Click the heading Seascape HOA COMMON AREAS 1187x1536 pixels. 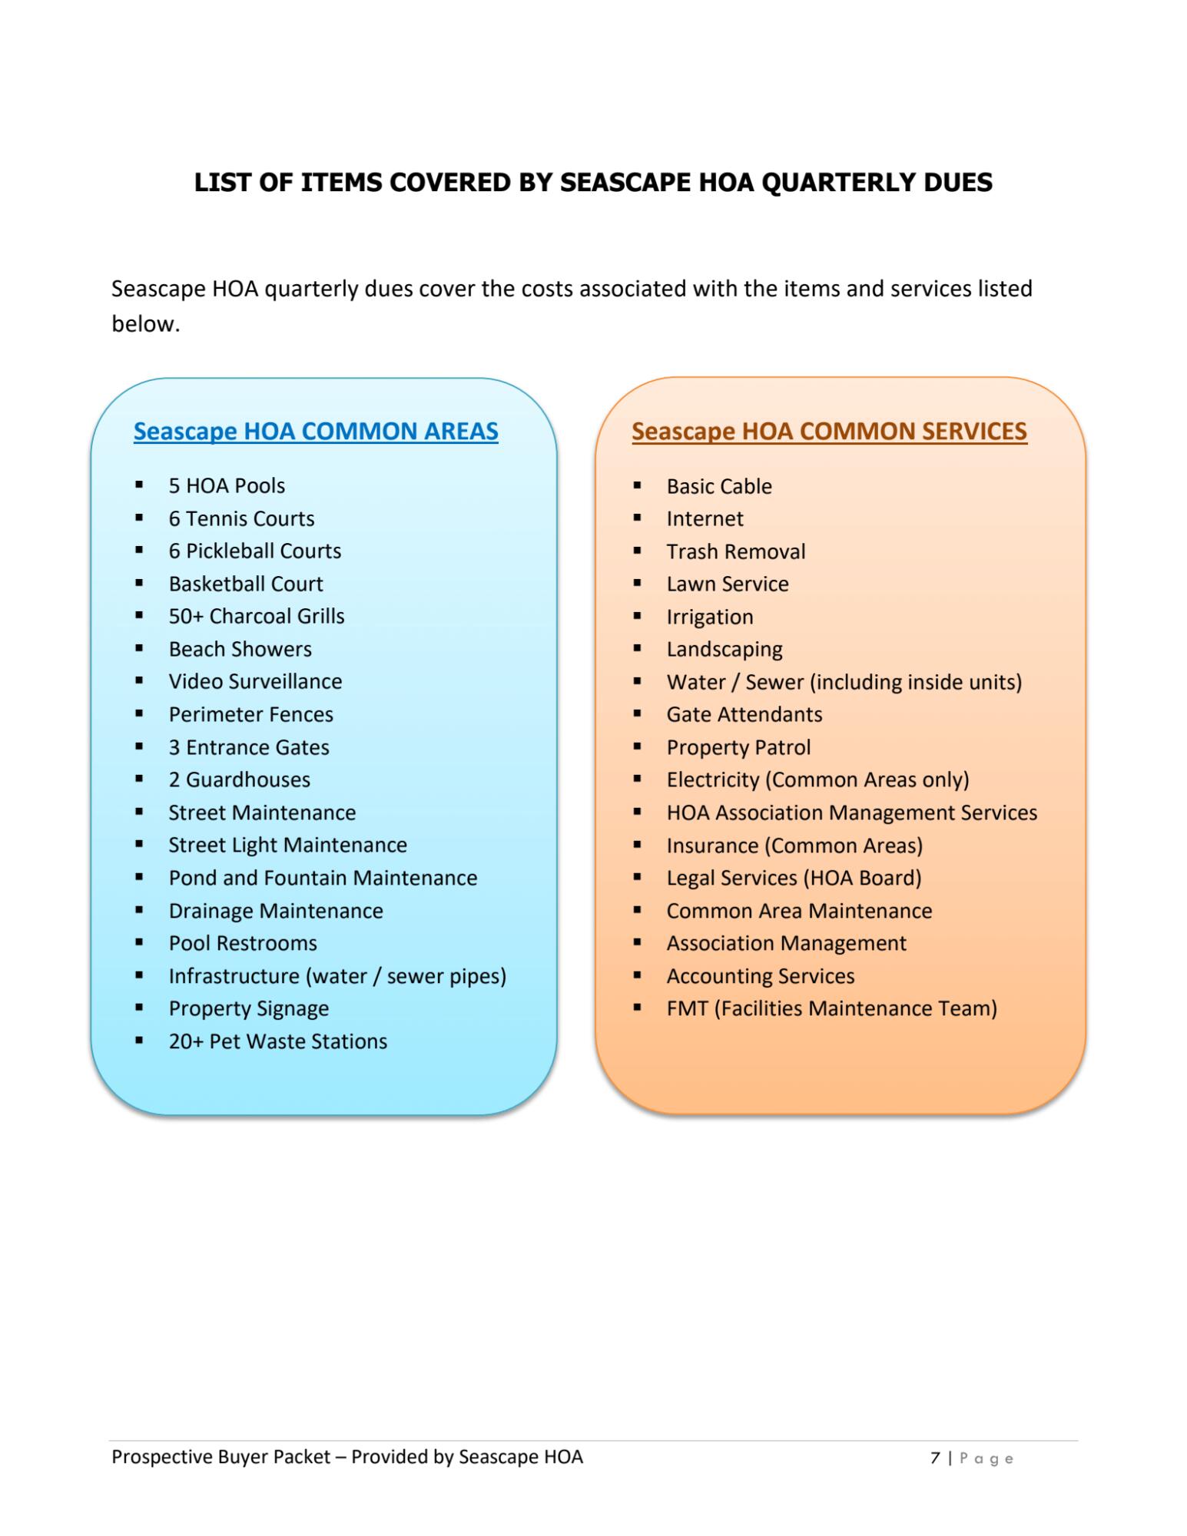pos(316,431)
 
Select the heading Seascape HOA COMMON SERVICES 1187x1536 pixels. pos(829,431)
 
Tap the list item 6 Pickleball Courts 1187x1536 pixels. pos(254,551)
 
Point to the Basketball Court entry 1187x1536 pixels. pos(246,584)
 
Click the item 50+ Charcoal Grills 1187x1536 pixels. pos(257,616)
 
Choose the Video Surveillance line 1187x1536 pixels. pos(255,681)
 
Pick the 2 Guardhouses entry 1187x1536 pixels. pos(239,780)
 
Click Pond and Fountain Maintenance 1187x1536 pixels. pos(323,878)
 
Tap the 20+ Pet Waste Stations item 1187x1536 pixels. pos(277,1041)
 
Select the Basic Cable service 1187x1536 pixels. pos(719,486)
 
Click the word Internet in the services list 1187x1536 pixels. pos(705,519)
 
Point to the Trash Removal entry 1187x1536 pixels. pos(735,551)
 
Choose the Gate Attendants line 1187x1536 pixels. pos(744,714)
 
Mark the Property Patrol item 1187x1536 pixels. pos(738,747)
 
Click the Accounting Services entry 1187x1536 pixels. pos(760,976)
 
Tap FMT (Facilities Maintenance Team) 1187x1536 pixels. pos(831,1008)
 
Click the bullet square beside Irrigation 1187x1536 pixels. pos(638,616)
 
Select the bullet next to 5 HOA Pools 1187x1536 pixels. pos(139,485)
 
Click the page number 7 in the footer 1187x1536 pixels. pos(935,1458)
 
